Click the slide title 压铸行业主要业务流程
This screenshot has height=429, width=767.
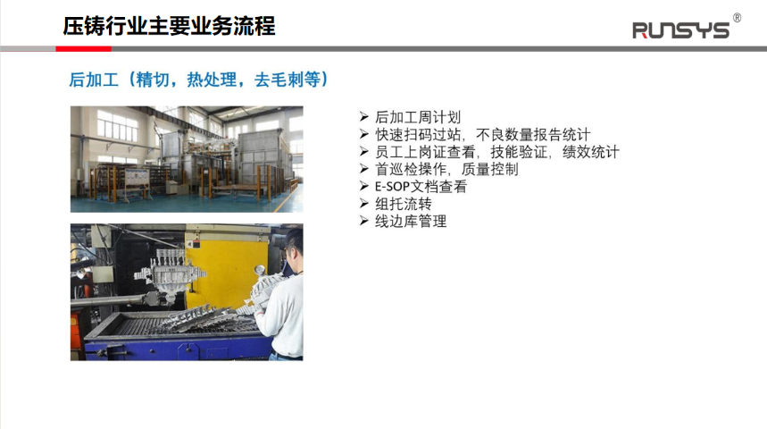pyautogui.click(x=169, y=26)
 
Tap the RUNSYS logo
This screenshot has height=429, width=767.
pyautogui.click(x=680, y=30)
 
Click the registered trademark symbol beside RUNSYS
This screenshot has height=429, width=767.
pyautogui.click(x=737, y=18)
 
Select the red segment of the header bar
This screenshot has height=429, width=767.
pyautogui.click(x=84, y=48)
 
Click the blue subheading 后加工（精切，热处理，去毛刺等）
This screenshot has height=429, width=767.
pyautogui.click(x=198, y=80)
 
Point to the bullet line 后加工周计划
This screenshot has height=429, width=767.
pyautogui.click(x=418, y=117)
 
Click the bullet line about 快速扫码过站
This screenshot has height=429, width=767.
pyautogui.click(x=483, y=134)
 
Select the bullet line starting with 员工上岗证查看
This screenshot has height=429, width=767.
pyautogui.click(x=497, y=152)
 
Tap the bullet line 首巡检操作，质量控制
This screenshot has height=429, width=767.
pyautogui.click(x=446, y=169)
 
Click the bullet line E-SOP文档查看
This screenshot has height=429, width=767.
pyautogui.click(x=421, y=186)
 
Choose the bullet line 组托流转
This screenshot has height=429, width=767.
pyautogui.click(x=404, y=204)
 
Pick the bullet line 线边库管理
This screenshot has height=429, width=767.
pyautogui.click(x=411, y=221)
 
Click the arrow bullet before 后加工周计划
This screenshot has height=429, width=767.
pyautogui.click(x=364, y=116)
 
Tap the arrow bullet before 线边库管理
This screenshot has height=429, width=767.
pyautogui.click(x=364, y=221)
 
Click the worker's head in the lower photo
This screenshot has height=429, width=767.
pyautogui.click(x=294, y=246)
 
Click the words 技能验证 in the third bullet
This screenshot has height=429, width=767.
pyautogui.click(x=519, y=152)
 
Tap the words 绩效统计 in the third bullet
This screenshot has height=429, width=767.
pyautogui.click(x=591, y=152)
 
